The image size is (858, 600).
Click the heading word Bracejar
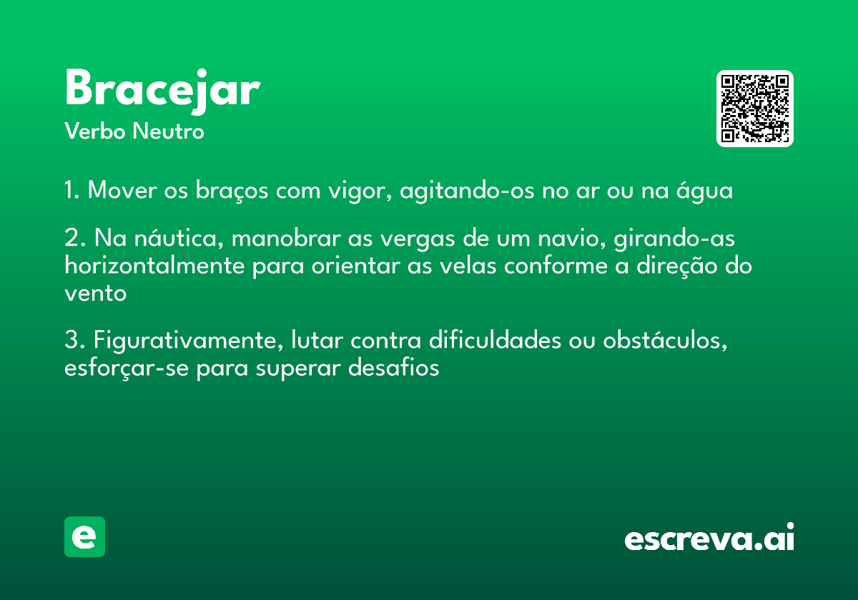click(x=163, y=91)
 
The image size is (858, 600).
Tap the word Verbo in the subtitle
click(x=95, y=131)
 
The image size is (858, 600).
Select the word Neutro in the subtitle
click(x=168, y=131)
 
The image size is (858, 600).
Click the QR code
click(x=754, y=109)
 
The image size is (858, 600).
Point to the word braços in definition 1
click(x=232, y=191)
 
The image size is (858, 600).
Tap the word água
click(x=704, y=191)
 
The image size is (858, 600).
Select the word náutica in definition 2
click(x=179, y=238)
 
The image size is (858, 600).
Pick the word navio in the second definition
click(x=571, y=239)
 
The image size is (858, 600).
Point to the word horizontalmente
click(x=154, y=265)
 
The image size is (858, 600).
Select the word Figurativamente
click(x=189, y=340)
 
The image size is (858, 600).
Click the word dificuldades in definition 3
click(x=495, y=340)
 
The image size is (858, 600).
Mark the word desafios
click(x=393, y=368)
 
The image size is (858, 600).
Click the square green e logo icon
click(x=84, y=536)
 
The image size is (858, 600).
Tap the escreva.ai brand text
click(x=709, y=536)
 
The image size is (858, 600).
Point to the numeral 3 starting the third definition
click(x=72, y=339)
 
